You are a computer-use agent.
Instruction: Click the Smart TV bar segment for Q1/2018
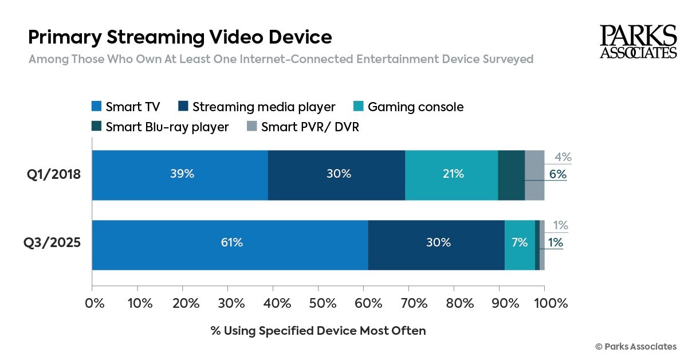(x=180, y=175)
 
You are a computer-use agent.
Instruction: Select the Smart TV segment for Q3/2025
(x=230, y=245)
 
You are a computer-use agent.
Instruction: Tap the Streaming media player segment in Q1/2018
(x=336, y=175)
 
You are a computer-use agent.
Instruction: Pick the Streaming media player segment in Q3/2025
(x=436, y=245)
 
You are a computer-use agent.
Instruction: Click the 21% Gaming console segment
(x=451, y=175)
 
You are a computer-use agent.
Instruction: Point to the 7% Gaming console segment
(x=520, y=245)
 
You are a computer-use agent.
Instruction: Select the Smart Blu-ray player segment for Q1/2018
(x=511, y=175)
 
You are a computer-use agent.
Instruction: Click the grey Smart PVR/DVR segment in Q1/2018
(x=534, y=175)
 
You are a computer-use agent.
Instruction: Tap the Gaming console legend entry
(x=408, y=107)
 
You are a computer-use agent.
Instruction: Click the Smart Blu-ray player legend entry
(x=160, y=127)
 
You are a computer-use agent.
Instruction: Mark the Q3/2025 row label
(x=52, y=242)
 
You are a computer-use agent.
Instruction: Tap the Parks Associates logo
(x=638, y=42)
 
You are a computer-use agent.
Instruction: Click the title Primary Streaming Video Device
(x=180, y=37)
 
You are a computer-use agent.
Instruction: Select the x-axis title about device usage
(x=318, y=331)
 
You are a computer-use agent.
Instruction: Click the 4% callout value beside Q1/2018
(x=563, y=158)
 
